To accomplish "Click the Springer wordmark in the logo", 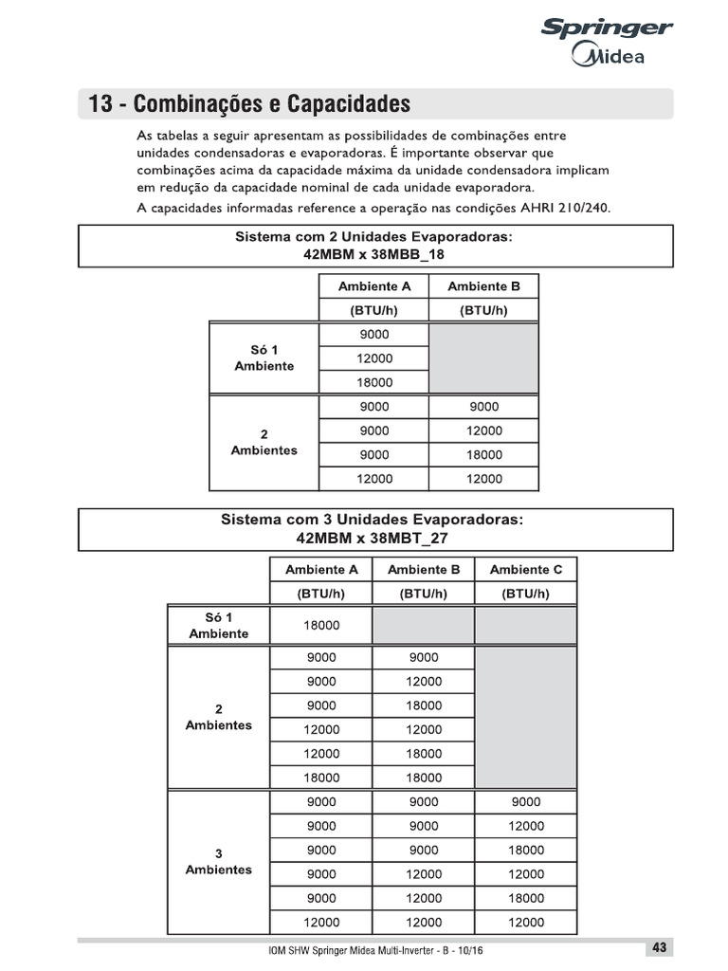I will coord(606,29).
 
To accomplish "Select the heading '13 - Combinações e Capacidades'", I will coord(248,103).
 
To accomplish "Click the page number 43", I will coord(660,947).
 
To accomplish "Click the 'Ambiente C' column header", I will coord(525,569).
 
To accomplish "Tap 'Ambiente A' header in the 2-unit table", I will coord(374,286).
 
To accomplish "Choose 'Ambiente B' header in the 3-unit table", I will coord(424,569).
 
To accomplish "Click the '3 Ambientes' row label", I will coord(219,861).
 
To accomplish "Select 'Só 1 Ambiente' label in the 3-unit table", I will coord(219,625).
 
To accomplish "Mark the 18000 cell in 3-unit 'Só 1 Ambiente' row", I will coord(321,626).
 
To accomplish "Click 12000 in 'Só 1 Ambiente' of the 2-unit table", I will coord(374,358).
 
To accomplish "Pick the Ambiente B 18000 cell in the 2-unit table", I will coord(483,455).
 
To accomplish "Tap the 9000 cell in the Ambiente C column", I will coord(525,801).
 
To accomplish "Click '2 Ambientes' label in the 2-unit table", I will coord(264,443).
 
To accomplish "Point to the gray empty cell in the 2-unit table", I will coord(483,358).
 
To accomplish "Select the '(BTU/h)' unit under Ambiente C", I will coord(525,594).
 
